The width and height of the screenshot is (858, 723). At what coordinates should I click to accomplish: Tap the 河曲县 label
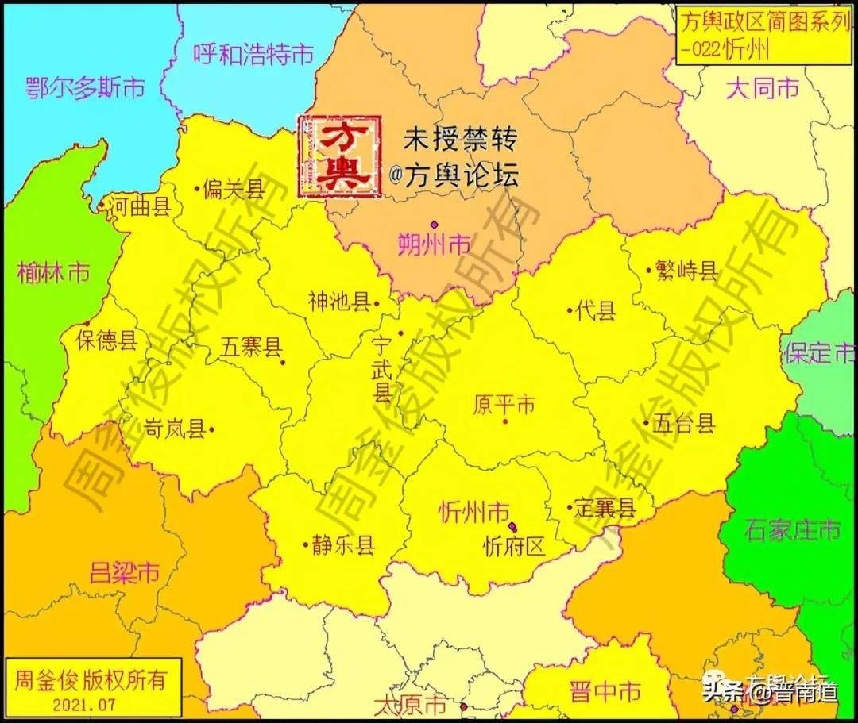point(141,207)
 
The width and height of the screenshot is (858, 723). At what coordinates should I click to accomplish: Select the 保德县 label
point(106,340)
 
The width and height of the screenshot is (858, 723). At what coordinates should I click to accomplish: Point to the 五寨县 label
point(251,347)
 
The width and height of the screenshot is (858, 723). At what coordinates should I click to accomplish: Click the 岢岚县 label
point(175,429)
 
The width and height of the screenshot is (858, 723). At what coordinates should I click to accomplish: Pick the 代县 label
point(597,311)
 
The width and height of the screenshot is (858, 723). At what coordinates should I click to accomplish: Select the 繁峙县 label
point(687,271)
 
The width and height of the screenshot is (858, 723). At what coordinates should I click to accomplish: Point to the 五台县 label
point(684,424)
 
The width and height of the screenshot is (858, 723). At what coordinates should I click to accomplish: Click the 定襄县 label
point(605,508)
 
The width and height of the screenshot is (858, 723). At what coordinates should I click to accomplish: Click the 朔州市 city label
point(434,244)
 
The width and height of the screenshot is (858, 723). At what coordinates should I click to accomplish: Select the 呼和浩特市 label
point(253,54)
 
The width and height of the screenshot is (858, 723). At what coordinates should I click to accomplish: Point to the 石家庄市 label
point(792,529)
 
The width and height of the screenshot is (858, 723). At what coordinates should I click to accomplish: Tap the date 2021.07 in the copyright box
point(86,703)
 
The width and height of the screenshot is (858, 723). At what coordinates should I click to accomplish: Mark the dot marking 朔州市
point(434,225)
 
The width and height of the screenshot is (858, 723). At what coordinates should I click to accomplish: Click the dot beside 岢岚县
point(212,429)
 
